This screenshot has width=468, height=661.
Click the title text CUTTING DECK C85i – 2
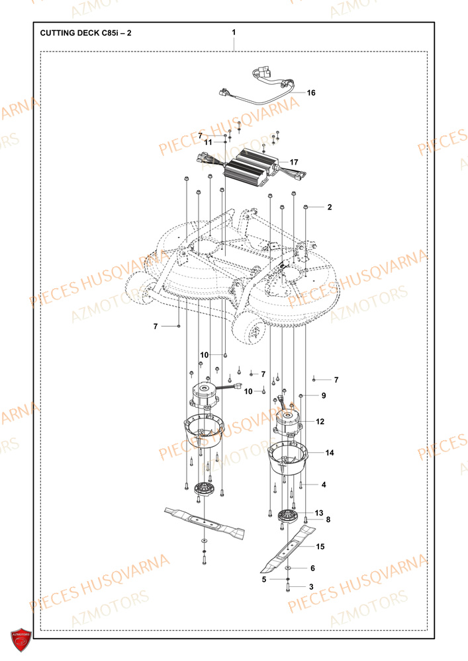click(85, 32)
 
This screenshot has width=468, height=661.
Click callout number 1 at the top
click(234, 32)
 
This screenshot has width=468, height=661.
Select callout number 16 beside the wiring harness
click(311, 93)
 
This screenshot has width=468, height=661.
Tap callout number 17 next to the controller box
click(294, 161)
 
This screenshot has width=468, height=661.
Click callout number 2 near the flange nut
click(329, 207)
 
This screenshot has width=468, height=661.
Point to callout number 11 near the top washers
click(208, 142)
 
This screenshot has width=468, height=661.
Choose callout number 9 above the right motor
click(324, 396)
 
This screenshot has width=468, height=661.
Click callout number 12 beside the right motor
click(320, 421)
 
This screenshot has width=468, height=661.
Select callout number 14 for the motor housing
click(329, 453)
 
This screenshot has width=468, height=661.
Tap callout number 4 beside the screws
click(324, 485)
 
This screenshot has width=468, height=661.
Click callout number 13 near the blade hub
click(318, 513)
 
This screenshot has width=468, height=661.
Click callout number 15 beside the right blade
click(320, 547)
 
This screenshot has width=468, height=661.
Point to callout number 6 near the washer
click(313, 568)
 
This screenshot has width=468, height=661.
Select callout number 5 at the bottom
click(263, 579)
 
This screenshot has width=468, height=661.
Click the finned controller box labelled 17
click(247, 169)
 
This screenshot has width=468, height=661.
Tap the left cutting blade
click(205, 522)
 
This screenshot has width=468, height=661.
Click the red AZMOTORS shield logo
click(21, 640)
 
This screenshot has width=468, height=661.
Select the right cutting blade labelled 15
click(287, 549)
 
